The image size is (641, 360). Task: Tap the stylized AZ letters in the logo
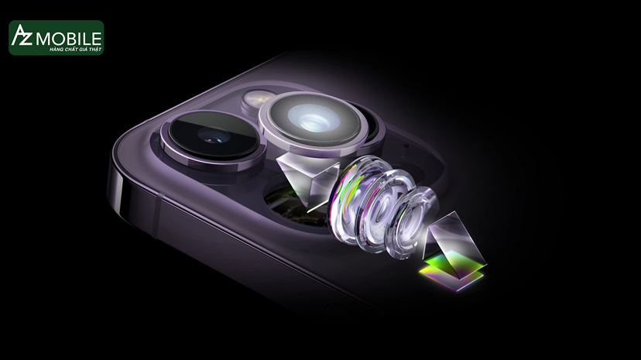(x=22, y=35)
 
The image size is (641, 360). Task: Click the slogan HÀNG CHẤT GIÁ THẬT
(x=75, y=50)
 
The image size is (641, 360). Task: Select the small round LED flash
(x=256, y=100)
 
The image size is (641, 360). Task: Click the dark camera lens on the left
(x=213, y=137)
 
